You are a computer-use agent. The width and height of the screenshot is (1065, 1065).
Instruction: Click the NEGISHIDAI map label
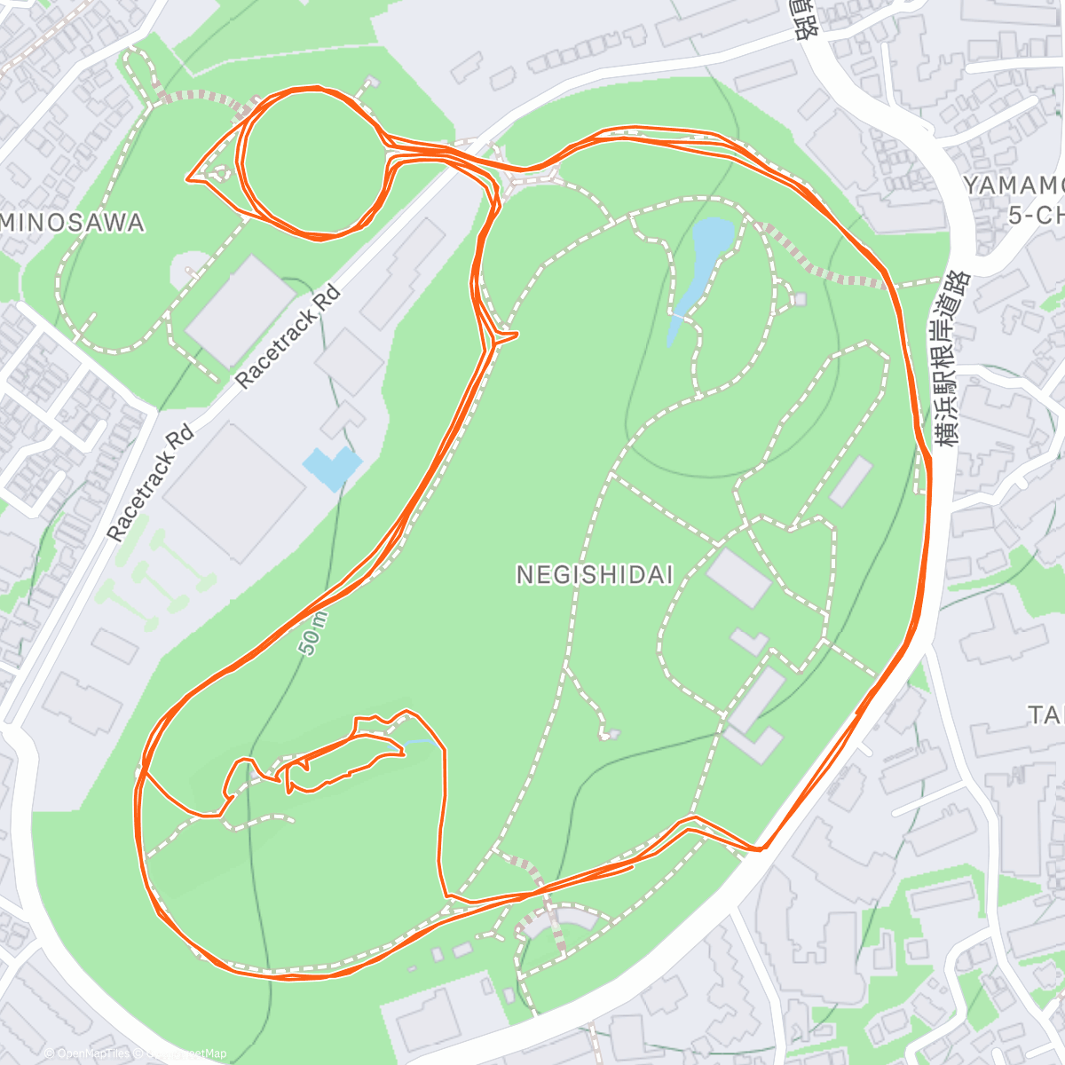pyautogui.click(x=595, y=575)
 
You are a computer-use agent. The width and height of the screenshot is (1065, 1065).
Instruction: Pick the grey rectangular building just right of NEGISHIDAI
pyautogui.click(x=738, y=578)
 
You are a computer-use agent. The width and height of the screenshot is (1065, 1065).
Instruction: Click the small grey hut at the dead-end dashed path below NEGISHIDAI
pyautogui.click(x=609, y=734)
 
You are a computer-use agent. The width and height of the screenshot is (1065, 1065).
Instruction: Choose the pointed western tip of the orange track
pyautogui.click(x=187, y=179)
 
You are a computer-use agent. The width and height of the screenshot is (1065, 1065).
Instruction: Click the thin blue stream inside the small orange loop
pyautogui.click(x=417, y=741)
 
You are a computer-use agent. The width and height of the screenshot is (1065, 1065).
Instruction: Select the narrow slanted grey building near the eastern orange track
pyautogui.click(x=850, y=481)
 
